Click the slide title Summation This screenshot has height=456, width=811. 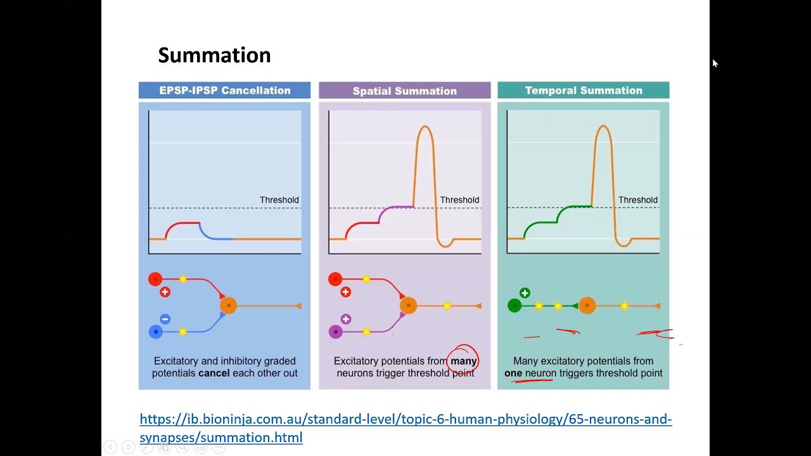(x=214, y=56)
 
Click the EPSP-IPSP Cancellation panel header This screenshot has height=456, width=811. (x=224, y=91)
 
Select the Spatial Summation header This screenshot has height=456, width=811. (x=404, y=91)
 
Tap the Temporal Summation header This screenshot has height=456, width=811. (x=583, y=91)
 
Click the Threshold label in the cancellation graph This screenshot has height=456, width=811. (x=279, y=200)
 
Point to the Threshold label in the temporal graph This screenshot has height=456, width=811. (x=637, y=200)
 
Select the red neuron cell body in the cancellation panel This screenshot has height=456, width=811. (x=155, y=279)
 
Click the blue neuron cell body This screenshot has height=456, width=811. (x=155, y=331)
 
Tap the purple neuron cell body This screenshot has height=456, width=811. (x=335, y=331)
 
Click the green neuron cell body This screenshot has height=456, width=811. (x=514, y=306)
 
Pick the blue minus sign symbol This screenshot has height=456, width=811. (x=165, y=319)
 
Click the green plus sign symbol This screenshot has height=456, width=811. (x=525, y=293)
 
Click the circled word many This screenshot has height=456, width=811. (x=463, y=361)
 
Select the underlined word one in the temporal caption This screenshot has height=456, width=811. (x=513, y=373)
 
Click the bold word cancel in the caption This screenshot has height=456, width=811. (x=214, y=373)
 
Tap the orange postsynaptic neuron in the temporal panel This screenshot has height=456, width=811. (x=587, y=306)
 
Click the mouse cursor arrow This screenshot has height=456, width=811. (x=715, y=63)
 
